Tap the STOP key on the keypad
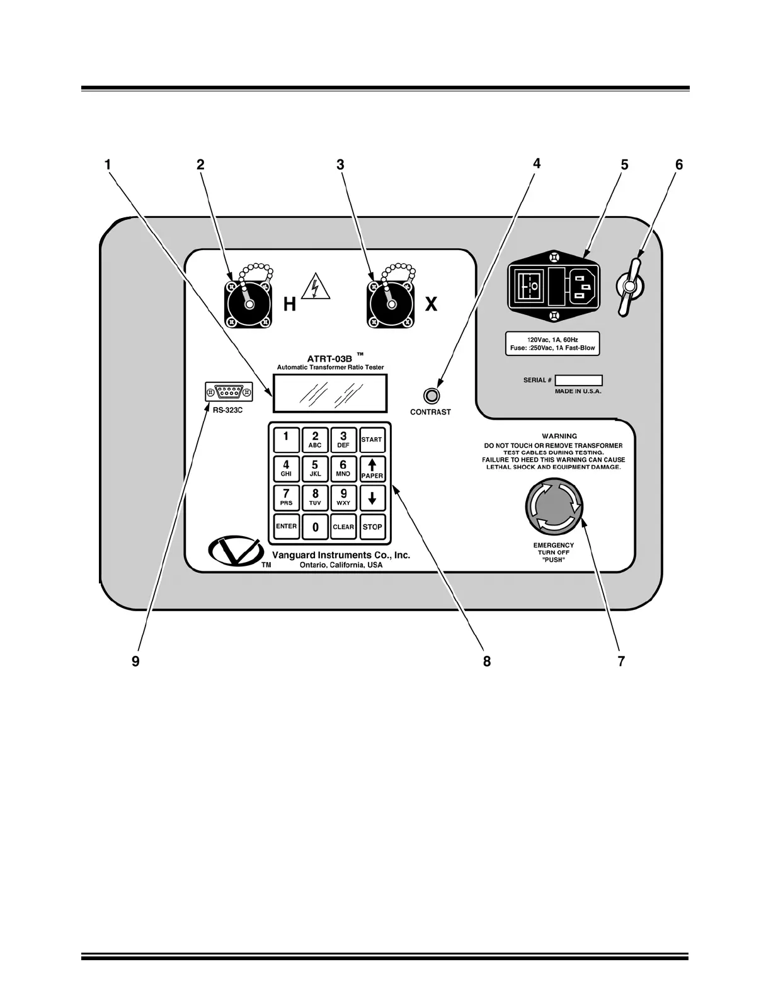pyautogui.click(x=372, y=527)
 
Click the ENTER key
pyautogui.click(x=286, y=527)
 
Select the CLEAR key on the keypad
pyautogui.click(x=343, y=527)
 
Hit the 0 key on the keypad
pyautogui.click(x=316, y=527)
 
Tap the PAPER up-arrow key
pyautogui.click(x=372, y=468)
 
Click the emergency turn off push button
pyautogui.click(x=554, y=507)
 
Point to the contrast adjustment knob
pyautogui.click(x=431, y=396)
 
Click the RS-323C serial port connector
pyautogui.click(x=229, y=393)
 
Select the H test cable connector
pyautogui.click(x=249, y=304)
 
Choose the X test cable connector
pyautogui.click(x=391, y=304)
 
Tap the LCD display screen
pyautogui.click(x=329, y=394)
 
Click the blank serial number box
pyautogui.click(x=578, y=381)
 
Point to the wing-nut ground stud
pyautogui.click(x=628, y=287)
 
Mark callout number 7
pyautogui.click(x=621, y=661)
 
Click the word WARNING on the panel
pyautogui.click(x=559, y=436)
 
